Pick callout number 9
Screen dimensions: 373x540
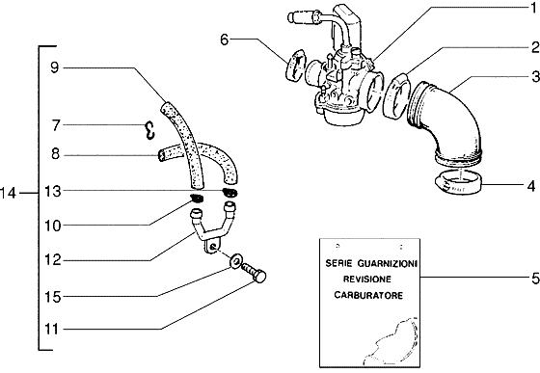tap(55, 67)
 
